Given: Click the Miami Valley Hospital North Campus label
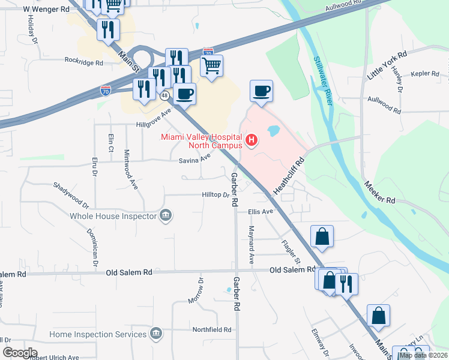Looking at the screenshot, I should pyautogui.click(x=201, y=140).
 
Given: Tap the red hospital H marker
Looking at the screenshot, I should pyautogui.click(x=252, y=141).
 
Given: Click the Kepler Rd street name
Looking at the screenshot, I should pyautogui.click(x=426, y=74).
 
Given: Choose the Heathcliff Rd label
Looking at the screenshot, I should pyautogui.click(x=290, y=176).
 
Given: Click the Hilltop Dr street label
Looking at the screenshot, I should pyautogui.click(x=215, y=195).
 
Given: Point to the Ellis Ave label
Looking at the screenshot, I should pyautogui.click(x=261, y=212).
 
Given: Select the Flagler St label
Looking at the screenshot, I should pyautogui.click(x=291, y=252).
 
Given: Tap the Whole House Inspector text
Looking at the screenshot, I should pyautogui.click(x=113, y=215).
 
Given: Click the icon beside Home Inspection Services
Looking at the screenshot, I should pyautogui.click(x=156, y=333).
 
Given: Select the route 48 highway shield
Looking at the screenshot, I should pyautogui.click(x=164, y=95).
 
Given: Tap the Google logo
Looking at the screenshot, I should pyautogui.click(x=20, y=353).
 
